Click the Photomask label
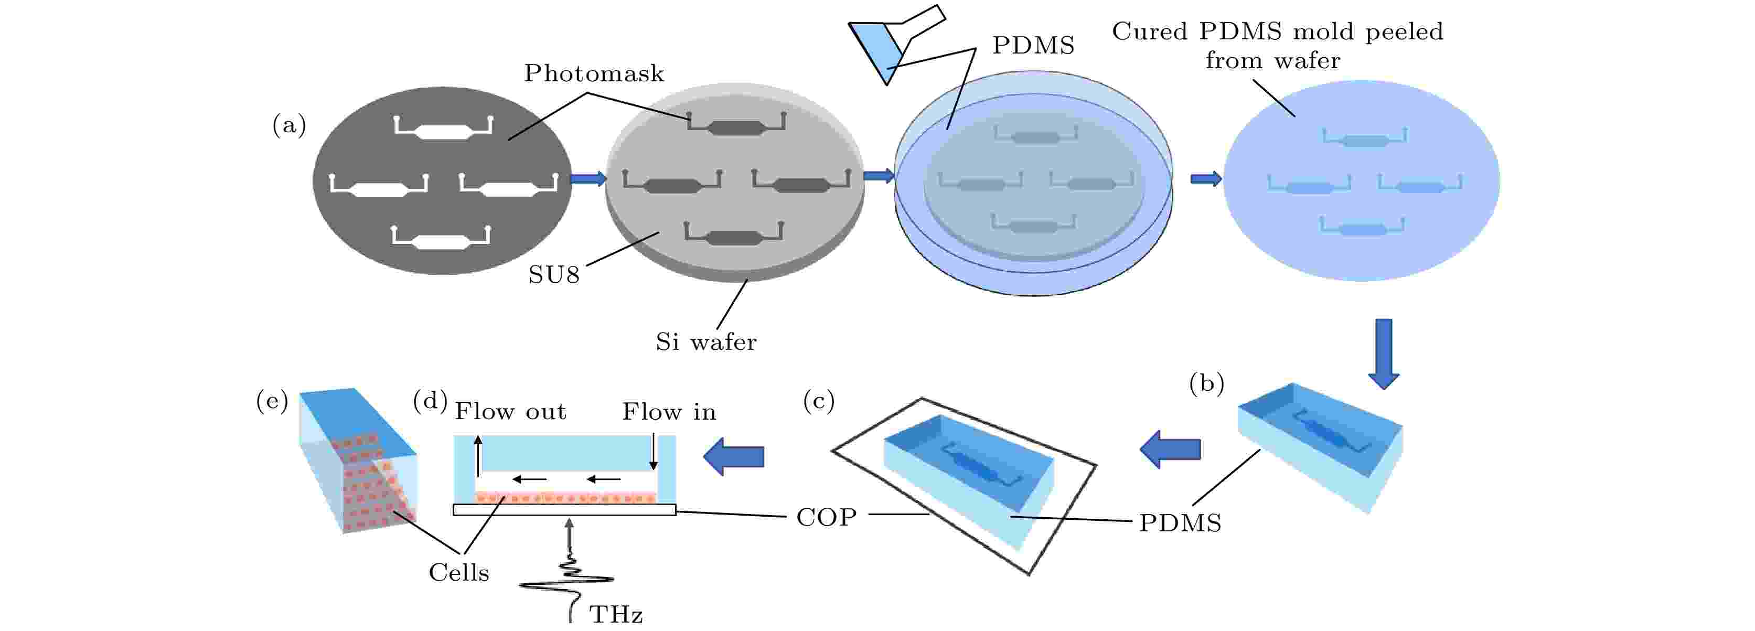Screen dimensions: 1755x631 point(593,73)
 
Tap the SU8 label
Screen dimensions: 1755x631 point(554,275)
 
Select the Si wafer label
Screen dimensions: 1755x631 point(706,341)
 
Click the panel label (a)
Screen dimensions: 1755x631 point(289,125)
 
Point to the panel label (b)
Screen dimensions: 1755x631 point(1206,383)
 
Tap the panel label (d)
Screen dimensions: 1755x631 point(430,400)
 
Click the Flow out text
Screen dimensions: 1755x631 point(510,412)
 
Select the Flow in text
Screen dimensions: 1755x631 point(669,412)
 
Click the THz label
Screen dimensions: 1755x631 point(616,615)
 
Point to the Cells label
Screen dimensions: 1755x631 point(458,572)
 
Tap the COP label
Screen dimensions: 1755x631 point(827,517)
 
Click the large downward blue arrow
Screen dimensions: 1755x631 point(1384,354)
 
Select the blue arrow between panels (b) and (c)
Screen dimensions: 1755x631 point(1170,449)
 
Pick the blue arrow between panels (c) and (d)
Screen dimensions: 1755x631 point(733,456)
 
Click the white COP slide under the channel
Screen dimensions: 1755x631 point(564,510)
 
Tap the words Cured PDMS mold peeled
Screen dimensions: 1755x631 point(1277,32)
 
